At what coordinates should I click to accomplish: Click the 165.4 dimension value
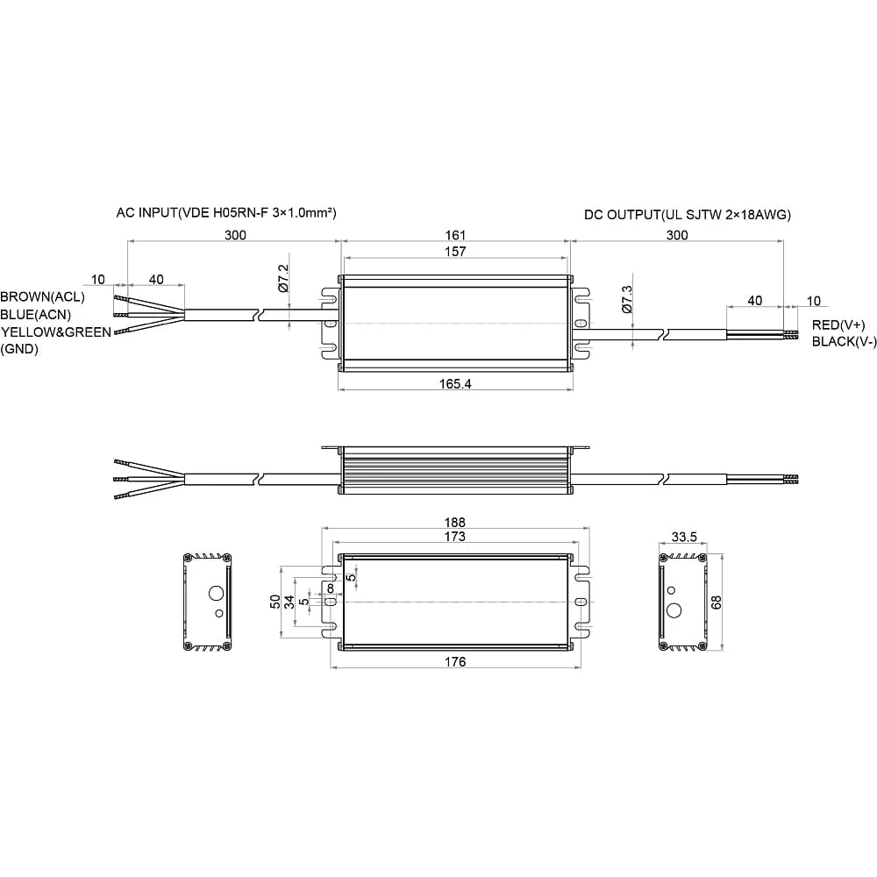point(454,383)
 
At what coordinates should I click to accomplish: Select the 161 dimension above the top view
point(455,235)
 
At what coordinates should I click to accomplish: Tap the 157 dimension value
point(455,251)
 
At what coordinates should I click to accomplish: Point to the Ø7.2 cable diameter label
point(283,279)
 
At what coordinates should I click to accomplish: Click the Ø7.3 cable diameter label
point(626,299)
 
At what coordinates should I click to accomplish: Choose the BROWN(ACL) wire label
point(42,296)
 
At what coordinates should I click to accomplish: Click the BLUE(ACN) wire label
point(36,314)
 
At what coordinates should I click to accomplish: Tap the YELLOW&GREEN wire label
point(56,332)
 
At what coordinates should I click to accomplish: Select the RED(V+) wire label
point(838,325)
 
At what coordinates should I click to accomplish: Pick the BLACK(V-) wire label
point(845,341)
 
